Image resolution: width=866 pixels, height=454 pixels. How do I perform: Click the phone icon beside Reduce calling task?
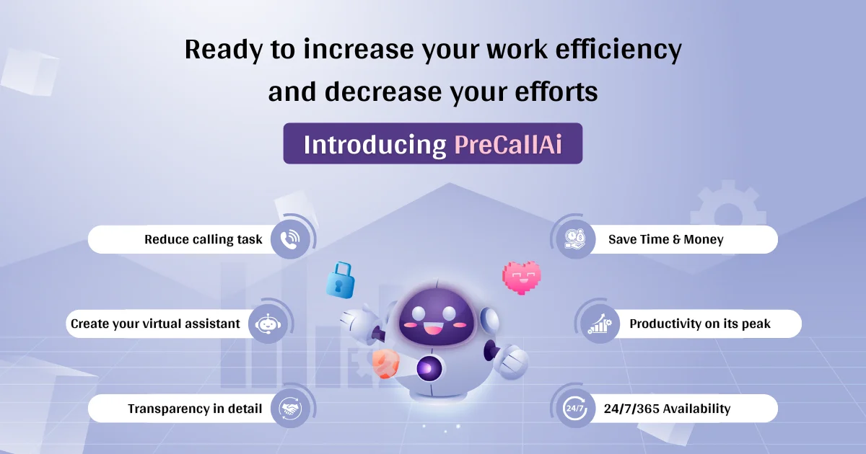tap(291, 239)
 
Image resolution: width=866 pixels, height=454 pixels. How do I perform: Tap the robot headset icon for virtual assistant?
tap(268, 324)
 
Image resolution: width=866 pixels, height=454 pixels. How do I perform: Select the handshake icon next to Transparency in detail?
tap(291, 409)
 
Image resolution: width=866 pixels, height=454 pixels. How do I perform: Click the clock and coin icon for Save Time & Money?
tap(575, 239)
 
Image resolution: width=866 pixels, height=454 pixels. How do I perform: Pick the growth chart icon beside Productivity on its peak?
tap(599, 324)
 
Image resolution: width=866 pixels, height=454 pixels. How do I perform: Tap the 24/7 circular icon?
tap(575, 409)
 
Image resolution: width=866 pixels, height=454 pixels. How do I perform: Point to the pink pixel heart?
tap(522, 277)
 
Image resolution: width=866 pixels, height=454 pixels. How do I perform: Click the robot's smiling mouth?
tap(434, 331)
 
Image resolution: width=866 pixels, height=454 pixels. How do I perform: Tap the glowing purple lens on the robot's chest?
tap(428, 369)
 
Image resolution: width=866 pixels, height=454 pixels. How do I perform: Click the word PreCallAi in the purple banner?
tap(508, 144)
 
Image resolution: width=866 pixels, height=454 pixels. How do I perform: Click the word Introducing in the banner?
tap(375, 144)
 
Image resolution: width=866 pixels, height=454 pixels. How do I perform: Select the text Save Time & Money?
tap(665, 239)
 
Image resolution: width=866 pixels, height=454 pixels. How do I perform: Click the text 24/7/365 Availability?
tap(667, 409)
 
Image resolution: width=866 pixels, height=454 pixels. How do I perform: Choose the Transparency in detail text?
tap(195, 409)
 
